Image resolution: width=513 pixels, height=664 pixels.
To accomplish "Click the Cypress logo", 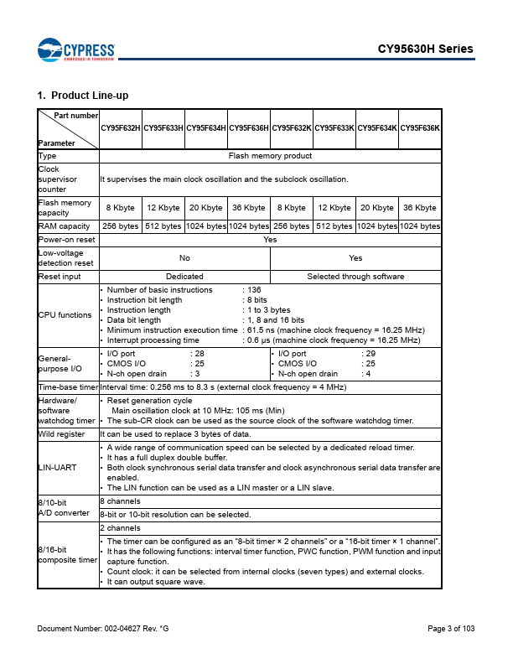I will click(x=75, y=49).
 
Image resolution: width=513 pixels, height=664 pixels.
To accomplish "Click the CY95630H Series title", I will click(x=425, y=49).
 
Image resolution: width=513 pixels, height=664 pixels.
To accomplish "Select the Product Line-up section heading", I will click(x=83, y=95).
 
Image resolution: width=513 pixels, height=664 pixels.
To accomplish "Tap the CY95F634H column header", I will click(x=206, y=128).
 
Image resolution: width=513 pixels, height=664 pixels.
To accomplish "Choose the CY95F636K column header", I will click(x=420, y=128).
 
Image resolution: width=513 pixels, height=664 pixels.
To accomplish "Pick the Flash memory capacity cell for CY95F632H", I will click(x=121, y=207).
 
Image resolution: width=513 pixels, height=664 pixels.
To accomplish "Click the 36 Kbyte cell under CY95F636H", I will click(x=249, y=207).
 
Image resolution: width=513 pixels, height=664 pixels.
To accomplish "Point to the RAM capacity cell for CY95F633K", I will click(x=334, y=226).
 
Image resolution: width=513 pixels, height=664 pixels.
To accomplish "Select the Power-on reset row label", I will click(x=65, y=239).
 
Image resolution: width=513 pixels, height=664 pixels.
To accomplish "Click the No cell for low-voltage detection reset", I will click(x=184, y=258).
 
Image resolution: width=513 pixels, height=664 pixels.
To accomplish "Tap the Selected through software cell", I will click(x=355, y=276).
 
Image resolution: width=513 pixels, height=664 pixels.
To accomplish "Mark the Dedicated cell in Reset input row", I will click(x=184, y=276).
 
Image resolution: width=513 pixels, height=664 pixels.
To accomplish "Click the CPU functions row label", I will click(x=65, y=315).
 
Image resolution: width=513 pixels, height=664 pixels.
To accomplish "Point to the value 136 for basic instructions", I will click(x=253, y=289).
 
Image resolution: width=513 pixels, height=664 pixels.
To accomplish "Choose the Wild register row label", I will click(x=61, y=434).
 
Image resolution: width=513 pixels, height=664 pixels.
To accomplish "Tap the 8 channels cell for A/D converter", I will click(x=120, y=500).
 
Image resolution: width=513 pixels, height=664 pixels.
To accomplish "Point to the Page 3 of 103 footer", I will click(x=451, y=629).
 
